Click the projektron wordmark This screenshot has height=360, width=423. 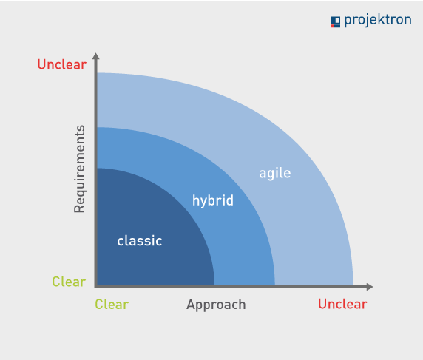377,21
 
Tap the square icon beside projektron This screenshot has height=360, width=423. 335,21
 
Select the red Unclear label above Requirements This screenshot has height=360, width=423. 61,64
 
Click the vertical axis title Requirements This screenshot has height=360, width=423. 80,169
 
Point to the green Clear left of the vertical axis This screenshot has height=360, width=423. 68,282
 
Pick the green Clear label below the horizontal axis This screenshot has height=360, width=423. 112,305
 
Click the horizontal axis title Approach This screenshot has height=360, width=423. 216,305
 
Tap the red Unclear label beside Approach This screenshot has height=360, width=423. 342,305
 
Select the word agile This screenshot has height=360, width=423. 274,174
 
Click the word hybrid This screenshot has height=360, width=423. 212,200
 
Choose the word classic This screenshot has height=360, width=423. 139,241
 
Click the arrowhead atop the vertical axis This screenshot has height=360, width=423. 96,56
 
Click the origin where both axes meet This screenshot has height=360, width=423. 96,286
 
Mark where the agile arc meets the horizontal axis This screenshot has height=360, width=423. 353,285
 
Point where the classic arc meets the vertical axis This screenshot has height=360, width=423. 97,169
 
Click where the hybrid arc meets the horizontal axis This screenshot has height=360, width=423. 275,285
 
